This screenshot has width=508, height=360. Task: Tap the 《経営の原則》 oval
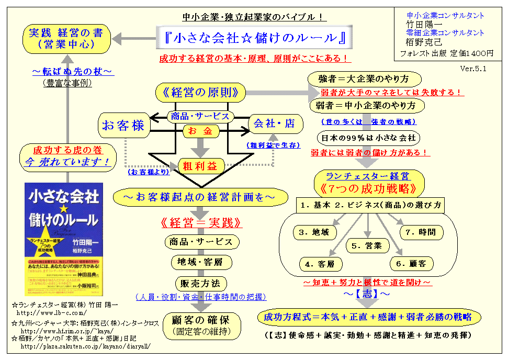(200, 93)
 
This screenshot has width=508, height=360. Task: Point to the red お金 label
(200, 131)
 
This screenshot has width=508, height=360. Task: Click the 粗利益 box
(201, 166)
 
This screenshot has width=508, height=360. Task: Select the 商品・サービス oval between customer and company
(200, 116)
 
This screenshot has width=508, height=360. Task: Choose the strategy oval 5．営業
(370, 245)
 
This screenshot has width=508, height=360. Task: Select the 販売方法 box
(201, 284)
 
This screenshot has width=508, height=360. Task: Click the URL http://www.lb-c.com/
(51, 312)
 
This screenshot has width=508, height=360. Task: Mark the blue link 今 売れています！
(68, 163)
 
